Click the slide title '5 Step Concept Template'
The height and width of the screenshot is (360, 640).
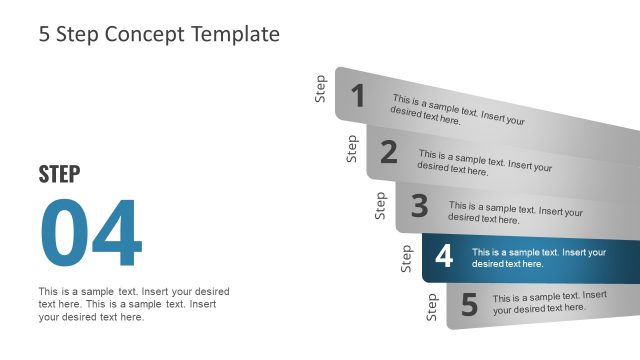pos(159,34)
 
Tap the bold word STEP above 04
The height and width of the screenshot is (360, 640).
pos(59,174)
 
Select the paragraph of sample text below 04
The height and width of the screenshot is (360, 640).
pos(134,304)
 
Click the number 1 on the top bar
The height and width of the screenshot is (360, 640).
pos(358,96)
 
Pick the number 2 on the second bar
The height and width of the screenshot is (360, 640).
pos(389,152)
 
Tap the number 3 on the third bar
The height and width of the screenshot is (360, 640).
pos(419,206)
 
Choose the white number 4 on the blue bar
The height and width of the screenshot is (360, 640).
pos(444,257)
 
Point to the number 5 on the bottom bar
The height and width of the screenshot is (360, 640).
pos(469,304)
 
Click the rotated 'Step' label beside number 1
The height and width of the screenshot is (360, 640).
pos(321,89)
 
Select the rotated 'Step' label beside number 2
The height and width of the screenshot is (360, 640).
pos(352,148)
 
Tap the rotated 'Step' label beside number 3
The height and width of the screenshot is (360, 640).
pos(381,205)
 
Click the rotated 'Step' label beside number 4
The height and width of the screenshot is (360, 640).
pos(406,258)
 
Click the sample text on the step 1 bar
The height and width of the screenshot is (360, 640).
pos(458,109)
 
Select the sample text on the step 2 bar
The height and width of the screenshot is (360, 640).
pos(484,163)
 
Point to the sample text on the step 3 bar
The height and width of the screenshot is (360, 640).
pos(515,213)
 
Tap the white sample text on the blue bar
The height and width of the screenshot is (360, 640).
pos(539,258)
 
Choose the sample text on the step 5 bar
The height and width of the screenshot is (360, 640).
pos(548,303)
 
